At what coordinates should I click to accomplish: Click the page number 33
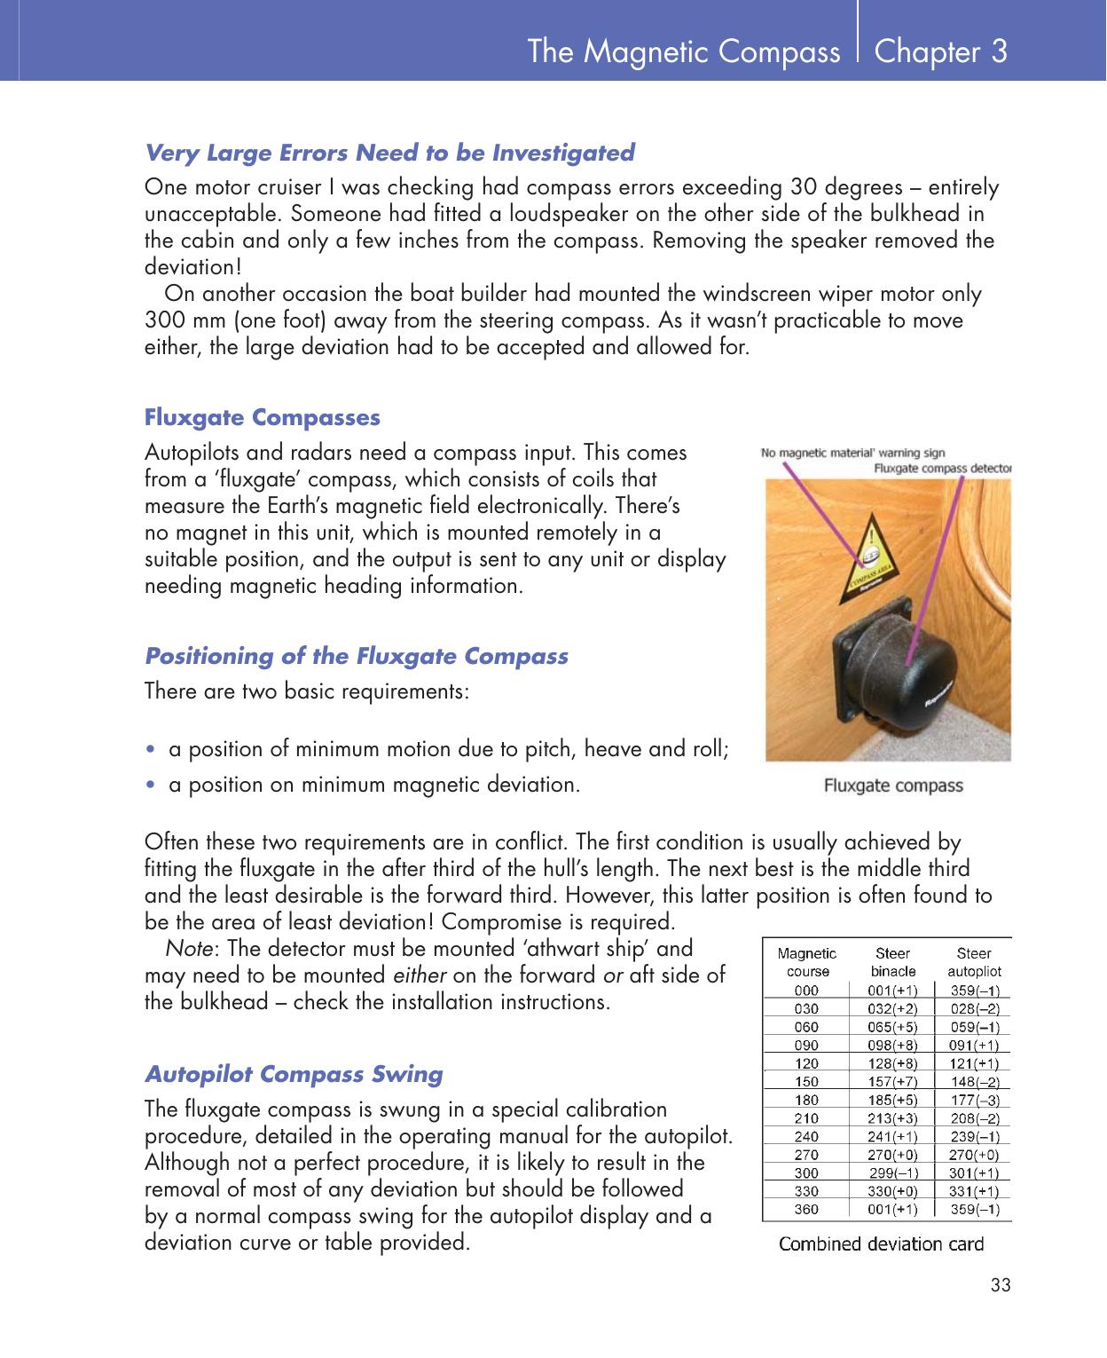pos(1000,1286)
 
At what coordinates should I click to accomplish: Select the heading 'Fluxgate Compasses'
pos(262,417)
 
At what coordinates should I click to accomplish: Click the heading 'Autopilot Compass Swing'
pos(294,1074)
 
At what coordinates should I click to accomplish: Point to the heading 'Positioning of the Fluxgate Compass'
pos(356,657)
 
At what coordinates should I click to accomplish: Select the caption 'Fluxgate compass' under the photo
pos(892,786)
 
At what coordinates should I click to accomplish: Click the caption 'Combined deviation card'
pos(881,1244)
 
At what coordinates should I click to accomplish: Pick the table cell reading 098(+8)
pos(892,1045)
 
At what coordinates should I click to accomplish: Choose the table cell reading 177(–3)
pos(975,1100)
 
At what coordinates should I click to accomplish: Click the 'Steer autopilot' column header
pos(974,962)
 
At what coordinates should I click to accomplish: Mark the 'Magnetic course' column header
pos(806,962)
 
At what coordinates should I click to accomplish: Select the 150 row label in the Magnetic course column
pos(806,1081)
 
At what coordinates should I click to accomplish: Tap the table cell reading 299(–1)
pos(892,1172)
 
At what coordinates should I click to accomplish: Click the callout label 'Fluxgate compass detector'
pos(942,468)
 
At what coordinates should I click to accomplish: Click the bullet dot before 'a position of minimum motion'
pos(154,750)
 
